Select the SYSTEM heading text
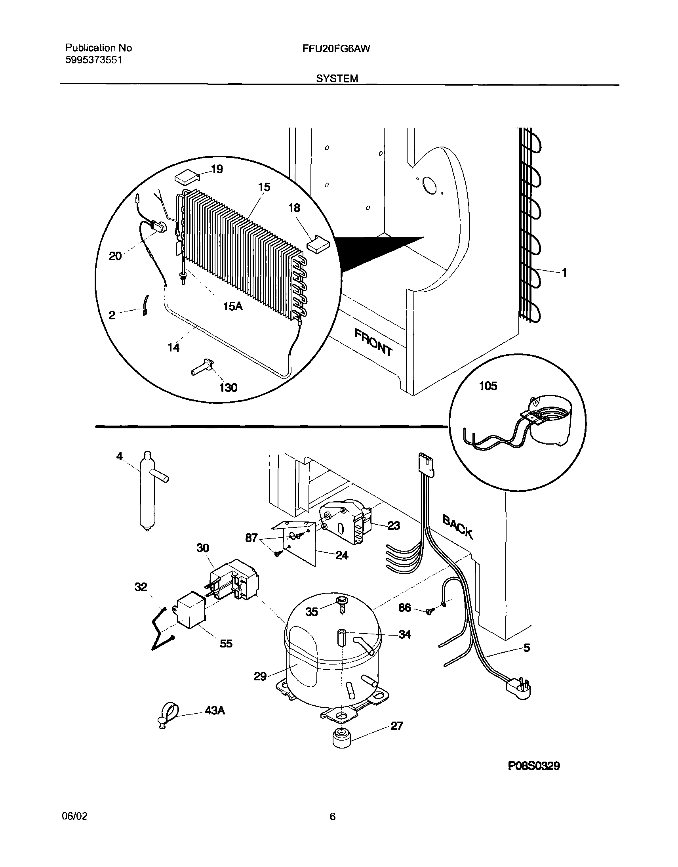pyautogui.click(x=337, y=78)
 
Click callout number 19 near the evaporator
pyautogui.click(x=217, y=169)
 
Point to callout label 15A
pyautogui.click(x=233, y=306)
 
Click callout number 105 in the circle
pyautogui.click(x=488, y=386)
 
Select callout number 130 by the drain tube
pyautogui.click(x=228, y=387)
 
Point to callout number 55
pyautogui.click(x=226, y=644)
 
